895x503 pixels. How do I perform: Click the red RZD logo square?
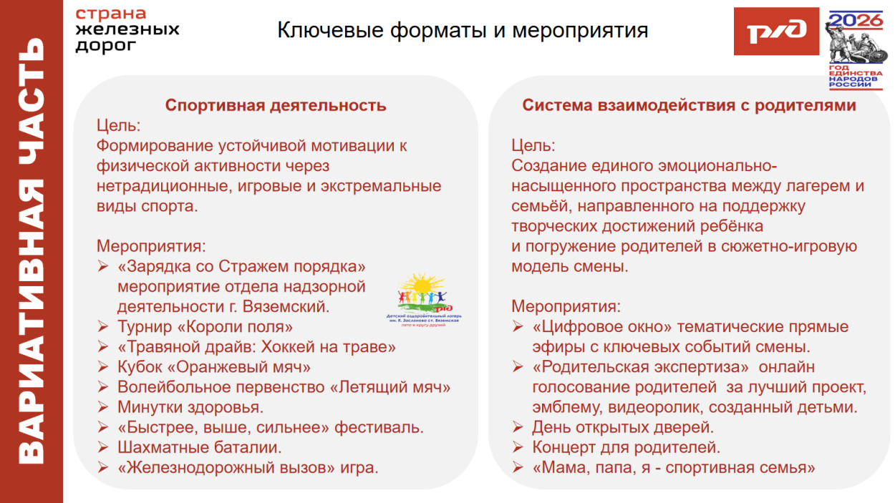click(776, 31)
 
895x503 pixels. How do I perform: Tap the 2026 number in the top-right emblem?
click(856, 19)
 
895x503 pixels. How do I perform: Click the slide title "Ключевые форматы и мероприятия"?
click(463, 31)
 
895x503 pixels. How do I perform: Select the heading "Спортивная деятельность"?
click(276, 105)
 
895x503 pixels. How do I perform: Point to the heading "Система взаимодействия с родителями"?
click(689, 105)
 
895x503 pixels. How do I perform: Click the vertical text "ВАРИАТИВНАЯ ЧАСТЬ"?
click(32, 251)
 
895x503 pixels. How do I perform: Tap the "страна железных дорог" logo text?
click(127, 30)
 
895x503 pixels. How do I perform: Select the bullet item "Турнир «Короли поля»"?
click(205, 327)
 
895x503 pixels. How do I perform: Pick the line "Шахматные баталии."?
click(200, 448)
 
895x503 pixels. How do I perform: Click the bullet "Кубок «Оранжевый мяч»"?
click(214, 367)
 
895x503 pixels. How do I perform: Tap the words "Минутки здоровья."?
click(190, 407)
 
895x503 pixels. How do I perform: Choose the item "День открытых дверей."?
click(623, 428)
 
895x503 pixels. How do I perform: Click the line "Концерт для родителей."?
click(626, 448)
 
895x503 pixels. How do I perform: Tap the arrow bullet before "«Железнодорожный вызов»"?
click(104, 469)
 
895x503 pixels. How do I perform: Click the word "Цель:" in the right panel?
click(533, 146)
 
